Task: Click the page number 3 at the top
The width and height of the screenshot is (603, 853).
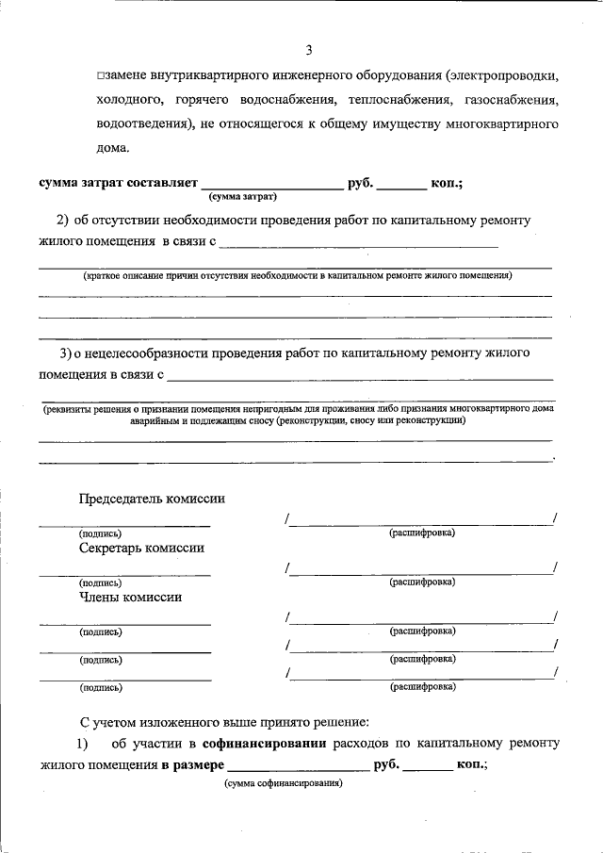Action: [x=308, y=50]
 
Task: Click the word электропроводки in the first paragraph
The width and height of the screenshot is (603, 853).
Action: [x=503, y=74]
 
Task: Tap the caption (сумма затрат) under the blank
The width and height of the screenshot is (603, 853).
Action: [x=242, y=198]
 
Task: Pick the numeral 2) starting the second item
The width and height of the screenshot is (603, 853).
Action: [x=63, y=221]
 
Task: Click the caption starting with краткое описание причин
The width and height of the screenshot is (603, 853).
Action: [x=297, y=276]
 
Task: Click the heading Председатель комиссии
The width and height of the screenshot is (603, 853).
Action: [x=152, y=499]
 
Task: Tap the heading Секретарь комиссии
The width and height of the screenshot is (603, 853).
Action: [x=142, y=548]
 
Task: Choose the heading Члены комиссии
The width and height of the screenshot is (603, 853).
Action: [x=131, y=597]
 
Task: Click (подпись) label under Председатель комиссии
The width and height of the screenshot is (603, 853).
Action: [x=101, y=533]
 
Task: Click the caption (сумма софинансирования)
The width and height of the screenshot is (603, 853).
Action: [x=283, y=783]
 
